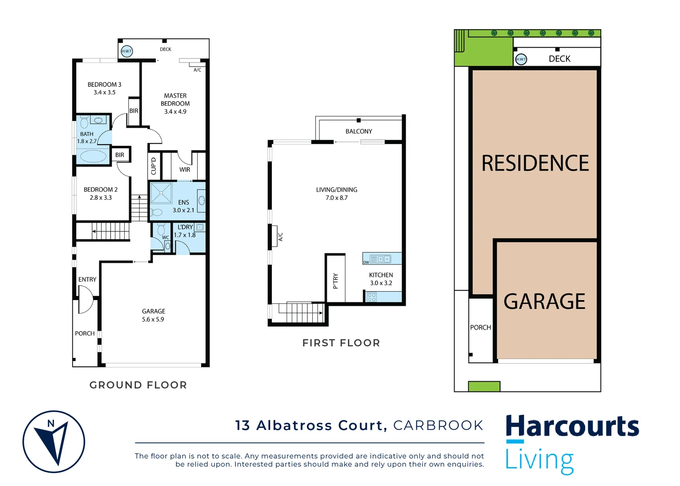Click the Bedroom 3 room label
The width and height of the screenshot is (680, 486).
click(104, 85)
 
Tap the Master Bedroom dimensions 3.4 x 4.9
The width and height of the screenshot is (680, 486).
click(175, 112)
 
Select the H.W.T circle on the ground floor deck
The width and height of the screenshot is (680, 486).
click(127, 51)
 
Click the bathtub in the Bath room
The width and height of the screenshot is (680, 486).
click(93, 156)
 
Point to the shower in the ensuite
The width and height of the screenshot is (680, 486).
click(161, 193)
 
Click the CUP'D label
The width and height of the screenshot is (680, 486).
click(153, 166)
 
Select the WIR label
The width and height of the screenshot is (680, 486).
click(185, 170)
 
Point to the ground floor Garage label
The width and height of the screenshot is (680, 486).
click(153, 311)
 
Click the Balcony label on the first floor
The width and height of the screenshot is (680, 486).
click(359, 131)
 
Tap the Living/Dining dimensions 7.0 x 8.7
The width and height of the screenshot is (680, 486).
click(337, 198)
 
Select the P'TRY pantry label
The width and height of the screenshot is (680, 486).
click(335, 281)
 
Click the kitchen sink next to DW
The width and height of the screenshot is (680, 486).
click(383, 259)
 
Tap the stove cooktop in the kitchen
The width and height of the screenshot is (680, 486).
click(371, 297)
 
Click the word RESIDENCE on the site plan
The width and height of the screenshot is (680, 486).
click(535, 163)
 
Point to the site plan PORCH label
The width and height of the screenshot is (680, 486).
click(480, 328)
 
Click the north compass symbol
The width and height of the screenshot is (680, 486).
click(54, 441)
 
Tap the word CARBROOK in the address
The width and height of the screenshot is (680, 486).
click(438, 425)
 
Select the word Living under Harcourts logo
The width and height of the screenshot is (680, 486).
click(539, 460)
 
